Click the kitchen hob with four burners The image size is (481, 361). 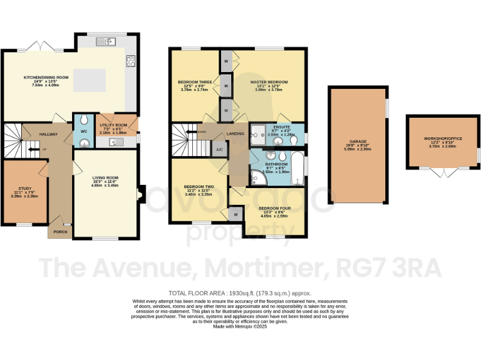click(131, 61)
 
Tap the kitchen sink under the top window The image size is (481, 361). click(104, 42)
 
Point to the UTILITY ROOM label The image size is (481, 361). click(113, 125)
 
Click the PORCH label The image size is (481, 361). click(60, 232)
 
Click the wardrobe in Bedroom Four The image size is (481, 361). click(235, 214)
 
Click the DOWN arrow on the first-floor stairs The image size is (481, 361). click(202, 132)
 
